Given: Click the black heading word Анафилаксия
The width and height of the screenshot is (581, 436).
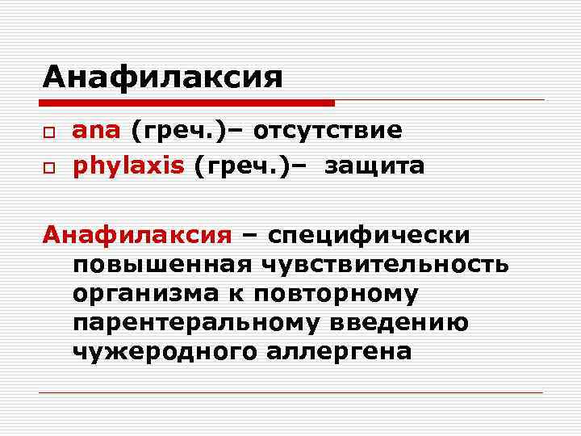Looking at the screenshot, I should pos(163,78).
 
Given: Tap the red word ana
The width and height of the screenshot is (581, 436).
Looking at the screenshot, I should pos(97,130).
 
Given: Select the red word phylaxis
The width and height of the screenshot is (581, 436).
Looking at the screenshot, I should pos(129,166).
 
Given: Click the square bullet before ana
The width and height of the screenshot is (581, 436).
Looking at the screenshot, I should pos(50,132).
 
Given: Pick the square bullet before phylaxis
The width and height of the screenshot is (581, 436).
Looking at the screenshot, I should pos(50,167).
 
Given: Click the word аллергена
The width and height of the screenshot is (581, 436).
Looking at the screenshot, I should pos(345,351).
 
